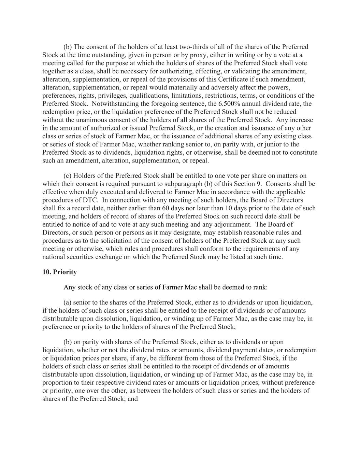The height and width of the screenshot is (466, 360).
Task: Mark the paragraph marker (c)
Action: click(x=68, y=176)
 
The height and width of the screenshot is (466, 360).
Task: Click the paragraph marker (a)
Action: click(x=68, y=302)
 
